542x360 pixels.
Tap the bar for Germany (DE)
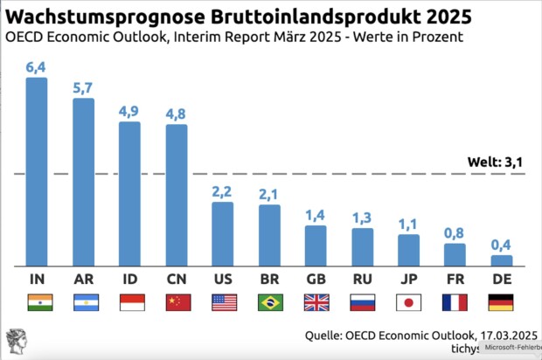point(501,260)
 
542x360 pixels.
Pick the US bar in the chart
point(223,233)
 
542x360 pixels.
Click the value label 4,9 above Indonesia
point(129,111)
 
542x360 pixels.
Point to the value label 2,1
point(269,195)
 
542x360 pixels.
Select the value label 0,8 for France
point(455,233)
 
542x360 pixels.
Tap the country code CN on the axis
point(177,279)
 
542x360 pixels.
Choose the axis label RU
point(362,279)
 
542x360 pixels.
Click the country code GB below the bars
point(316,279)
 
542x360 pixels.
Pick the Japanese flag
point(408,302)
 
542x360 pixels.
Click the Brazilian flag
point(269,302)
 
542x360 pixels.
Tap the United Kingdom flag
point(316,302)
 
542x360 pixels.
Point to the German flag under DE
point(501,302)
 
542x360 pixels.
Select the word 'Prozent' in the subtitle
point(434,38)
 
